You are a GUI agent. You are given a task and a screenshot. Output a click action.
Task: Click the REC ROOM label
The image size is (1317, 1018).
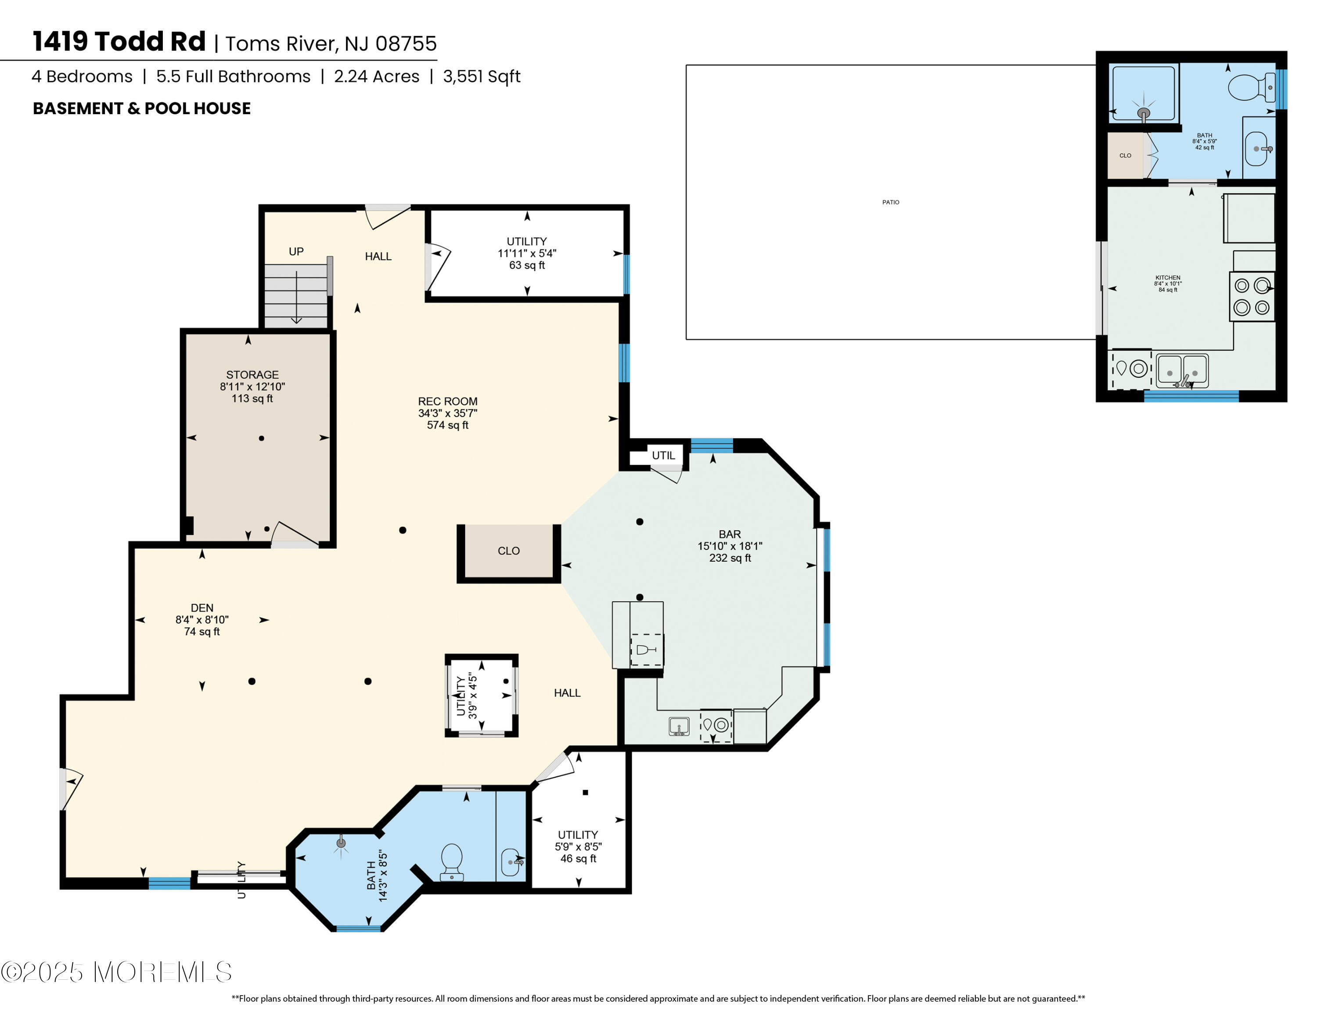(x=447, y=401)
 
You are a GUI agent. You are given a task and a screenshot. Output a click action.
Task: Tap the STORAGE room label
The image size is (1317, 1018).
(x=252, y=375)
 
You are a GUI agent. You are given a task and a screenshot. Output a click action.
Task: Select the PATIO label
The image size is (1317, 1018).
(x=891, y=202)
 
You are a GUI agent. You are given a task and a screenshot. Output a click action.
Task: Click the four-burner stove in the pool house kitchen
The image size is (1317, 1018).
(x=1252, y=296)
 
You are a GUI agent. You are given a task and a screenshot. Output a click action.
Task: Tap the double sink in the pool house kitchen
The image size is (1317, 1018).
(x=1182, y=370)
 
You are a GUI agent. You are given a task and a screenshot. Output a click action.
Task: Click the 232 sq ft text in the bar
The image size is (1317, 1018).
(x=730, y=558)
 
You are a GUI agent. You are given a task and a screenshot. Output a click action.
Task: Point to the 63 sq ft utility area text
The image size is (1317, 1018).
(x=527, y=265)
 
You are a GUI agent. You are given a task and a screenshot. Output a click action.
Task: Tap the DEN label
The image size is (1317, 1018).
(x=202, y=608)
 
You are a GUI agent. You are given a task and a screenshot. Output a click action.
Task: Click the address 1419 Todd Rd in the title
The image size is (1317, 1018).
(x=119, y=42)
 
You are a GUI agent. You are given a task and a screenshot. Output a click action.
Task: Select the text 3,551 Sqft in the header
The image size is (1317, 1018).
(x=481, y=76)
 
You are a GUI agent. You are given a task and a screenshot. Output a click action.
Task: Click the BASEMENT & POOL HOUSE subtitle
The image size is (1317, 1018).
(x=142, y=108)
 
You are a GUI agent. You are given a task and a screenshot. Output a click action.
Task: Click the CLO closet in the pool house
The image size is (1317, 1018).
(x=1125, y=155)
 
